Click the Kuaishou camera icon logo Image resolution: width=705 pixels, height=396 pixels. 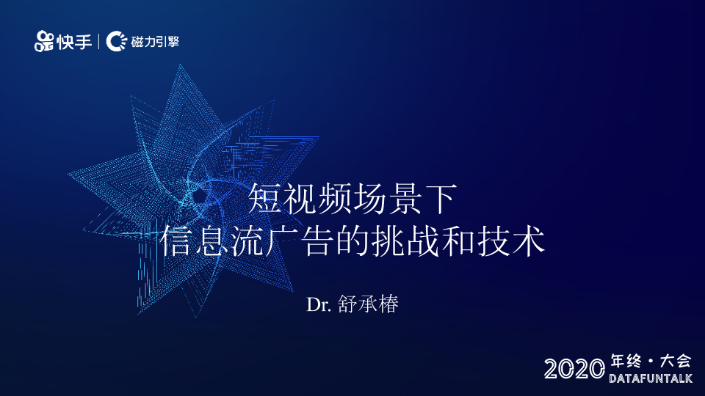point(44,41)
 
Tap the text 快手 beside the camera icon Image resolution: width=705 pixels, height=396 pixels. point(74,42)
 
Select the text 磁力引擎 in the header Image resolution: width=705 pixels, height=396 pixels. point(155,42)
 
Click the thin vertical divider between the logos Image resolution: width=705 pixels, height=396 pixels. point(99,41)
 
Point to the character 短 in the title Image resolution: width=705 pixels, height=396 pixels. point(265,199)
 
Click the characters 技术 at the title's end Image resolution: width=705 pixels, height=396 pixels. point(511,241)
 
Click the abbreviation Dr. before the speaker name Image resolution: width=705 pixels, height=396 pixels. point(319,305)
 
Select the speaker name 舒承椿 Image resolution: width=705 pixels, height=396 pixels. point(368,304)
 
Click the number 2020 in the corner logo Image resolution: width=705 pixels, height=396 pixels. point(574,369)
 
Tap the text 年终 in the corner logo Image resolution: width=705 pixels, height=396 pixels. point(626,361)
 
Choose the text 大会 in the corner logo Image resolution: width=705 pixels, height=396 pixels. point(676,361)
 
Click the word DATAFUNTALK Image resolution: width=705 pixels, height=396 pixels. point(651,378)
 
